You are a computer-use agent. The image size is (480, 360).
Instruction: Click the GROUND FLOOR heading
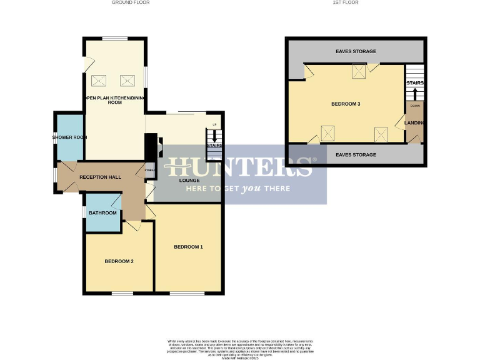[x=131, y=2]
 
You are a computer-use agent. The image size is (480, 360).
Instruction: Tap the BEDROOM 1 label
[x=188, y=247]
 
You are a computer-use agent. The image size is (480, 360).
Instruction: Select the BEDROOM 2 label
[x=119, y=261]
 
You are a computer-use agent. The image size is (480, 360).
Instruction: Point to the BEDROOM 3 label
[x=346, y=104]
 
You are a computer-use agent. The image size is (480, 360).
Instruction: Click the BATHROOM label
[x=102, y=213]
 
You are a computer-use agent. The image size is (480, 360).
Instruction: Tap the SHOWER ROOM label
[x=69, y=137]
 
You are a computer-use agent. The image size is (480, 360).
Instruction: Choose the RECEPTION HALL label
[x=100, y=177]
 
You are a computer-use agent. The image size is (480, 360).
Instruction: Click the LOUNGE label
[x=189, y=181]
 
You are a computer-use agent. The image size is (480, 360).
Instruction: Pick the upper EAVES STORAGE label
[x=356, y=51]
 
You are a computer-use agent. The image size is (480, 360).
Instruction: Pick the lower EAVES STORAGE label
[x=356, y=154]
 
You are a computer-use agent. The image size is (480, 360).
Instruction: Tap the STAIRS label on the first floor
[x=415, y=82]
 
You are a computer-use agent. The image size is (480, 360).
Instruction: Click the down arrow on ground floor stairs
[x=214, y=136]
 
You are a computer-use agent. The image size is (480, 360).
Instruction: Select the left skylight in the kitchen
[x=99, y=80]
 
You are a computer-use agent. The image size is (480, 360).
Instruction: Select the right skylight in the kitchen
[x=127, y=80]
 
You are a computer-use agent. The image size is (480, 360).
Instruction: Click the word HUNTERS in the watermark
[x=237, y=167]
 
